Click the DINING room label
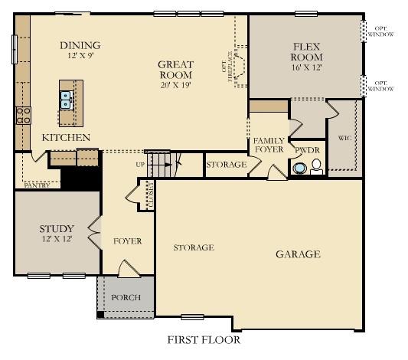point(80,45)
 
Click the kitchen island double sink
point(67,100)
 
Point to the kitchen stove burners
point(22,116)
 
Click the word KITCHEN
point(66,138)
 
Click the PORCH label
point(125,297)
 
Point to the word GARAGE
point(298,254)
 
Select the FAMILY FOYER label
point(269,146)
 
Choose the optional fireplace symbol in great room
point(239,67)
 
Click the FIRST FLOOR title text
point(203,339)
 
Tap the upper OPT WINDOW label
point(380,31)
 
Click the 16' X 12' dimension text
point(306,67)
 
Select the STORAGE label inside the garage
point(193,247)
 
